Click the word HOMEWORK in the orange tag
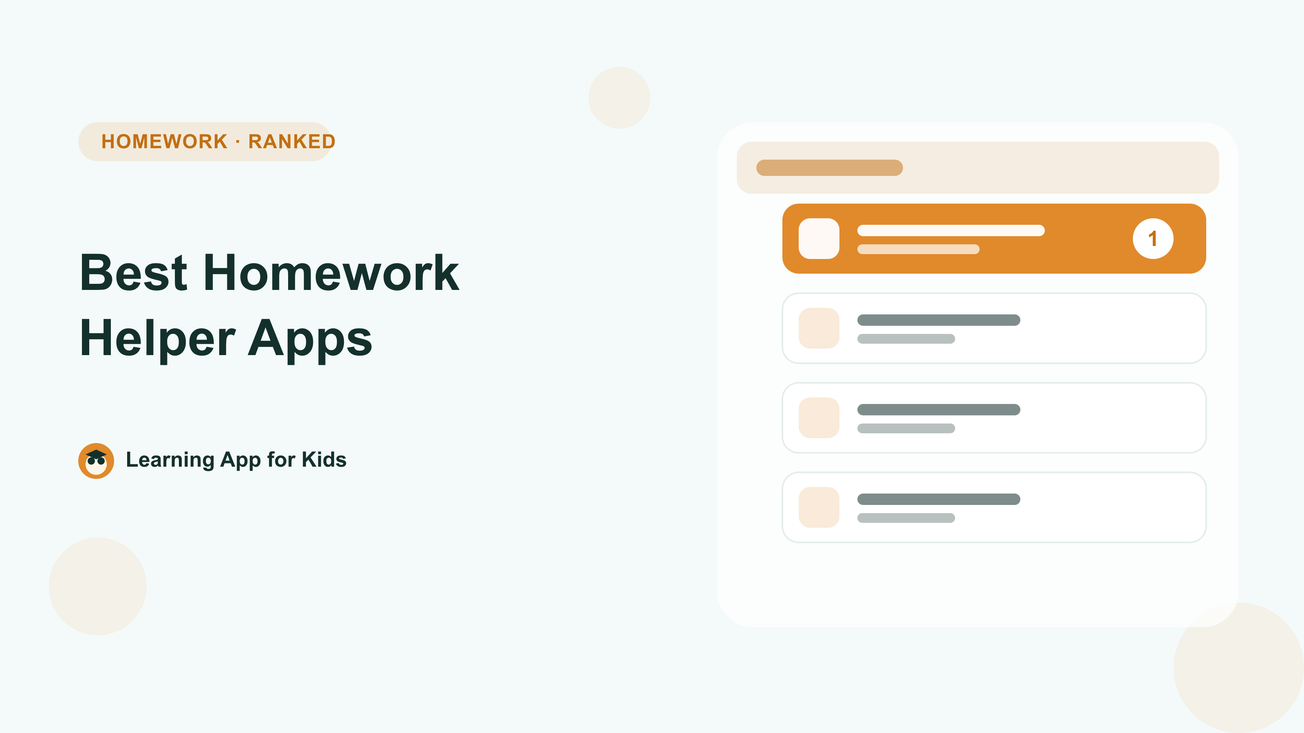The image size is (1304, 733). coord(165,142)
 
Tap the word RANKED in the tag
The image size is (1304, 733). coord(292,142)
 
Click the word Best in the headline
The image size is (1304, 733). coord(134,273)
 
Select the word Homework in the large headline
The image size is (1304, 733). coord(332,273)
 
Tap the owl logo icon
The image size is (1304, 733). coord(96,461)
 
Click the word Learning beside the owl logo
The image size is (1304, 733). coord(170,460)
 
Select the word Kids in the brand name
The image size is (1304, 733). coord(324,459)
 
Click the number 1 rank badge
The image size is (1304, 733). coord(1153,239)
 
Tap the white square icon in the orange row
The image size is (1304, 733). coord(819,239)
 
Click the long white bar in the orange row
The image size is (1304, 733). coord(951,230)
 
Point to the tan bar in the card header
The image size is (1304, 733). coord(829,168)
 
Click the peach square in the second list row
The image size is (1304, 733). coord(819,328)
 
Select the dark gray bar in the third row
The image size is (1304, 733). coord(938,410)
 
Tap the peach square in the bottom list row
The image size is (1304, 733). coord(819,507)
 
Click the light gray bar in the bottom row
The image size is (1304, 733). coord(906,518)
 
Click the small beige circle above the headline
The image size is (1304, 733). coord(619,98)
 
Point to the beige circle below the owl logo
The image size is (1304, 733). coord(98,586)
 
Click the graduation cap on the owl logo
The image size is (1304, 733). coord(96,454)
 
